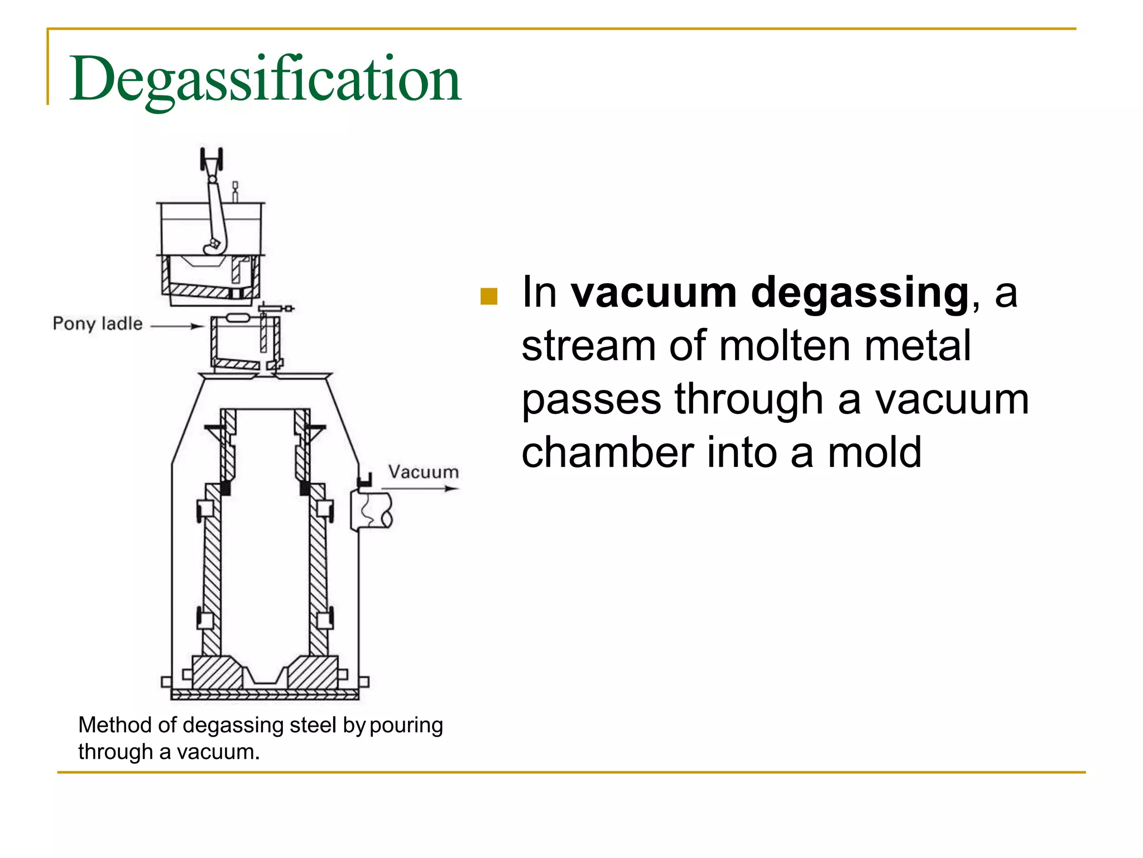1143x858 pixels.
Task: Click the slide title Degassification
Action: pos(265,79)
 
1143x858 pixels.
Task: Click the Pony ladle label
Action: pos(98,323)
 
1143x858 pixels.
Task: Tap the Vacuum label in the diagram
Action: pos(424,472)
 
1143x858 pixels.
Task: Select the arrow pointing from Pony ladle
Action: pos(177,326)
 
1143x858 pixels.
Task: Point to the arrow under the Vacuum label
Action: pos(420,489)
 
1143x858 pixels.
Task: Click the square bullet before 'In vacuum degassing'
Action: pos(488,296)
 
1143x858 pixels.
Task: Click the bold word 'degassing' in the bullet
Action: pos(859,293)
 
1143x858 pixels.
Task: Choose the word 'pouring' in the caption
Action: pos(406,725)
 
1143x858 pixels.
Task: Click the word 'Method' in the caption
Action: pos(115,725)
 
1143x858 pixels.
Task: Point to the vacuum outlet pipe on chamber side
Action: pos(372,510)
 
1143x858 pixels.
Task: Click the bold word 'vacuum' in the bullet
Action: pos(654,293)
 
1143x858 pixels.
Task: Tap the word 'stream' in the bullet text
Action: pos(588,346)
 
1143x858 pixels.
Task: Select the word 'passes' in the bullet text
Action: pos(591,400)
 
